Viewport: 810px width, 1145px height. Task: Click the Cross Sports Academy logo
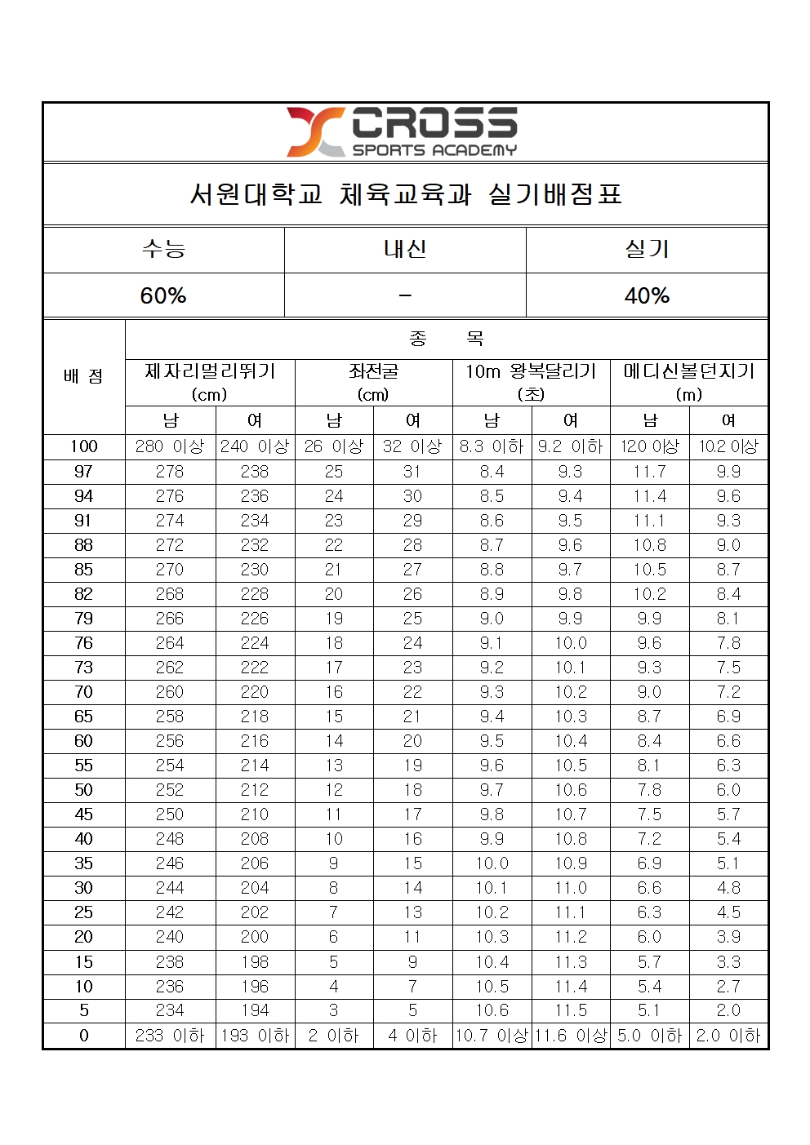tap(402, 131)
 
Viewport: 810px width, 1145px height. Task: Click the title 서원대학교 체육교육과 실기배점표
tap(406, 194)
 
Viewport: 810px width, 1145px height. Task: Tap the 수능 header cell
tap(163, 249)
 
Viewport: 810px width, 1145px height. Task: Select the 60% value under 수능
tap(163, 295)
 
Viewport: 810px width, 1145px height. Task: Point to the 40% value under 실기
tap(647, 295)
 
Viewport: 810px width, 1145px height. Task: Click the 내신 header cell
tap(405, 249)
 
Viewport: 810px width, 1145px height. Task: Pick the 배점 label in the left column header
tap(83, 376)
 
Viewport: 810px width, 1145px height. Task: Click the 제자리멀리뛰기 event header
tap(210, 372)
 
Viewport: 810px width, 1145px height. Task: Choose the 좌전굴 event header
tap(373, 372)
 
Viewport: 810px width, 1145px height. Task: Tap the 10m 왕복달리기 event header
tap(531, 372)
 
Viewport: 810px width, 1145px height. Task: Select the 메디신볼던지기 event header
tap(688, 372)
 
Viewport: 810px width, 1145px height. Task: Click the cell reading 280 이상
tap(170, 446)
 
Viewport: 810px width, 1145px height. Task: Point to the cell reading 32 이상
tap(412, 446)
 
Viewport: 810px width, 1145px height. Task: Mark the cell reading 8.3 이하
tap(492, 446)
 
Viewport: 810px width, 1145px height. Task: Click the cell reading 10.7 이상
tap(492, 1036)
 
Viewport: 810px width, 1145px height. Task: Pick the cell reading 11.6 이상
tap(571, 1036)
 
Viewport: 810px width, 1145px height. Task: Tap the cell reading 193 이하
tap(255, 1036)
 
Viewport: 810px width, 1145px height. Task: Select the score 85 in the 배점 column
tap(83, 570)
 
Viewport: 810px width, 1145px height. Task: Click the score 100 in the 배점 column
tap(83, 446)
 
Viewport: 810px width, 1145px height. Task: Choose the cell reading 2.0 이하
tap(728, 1036)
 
